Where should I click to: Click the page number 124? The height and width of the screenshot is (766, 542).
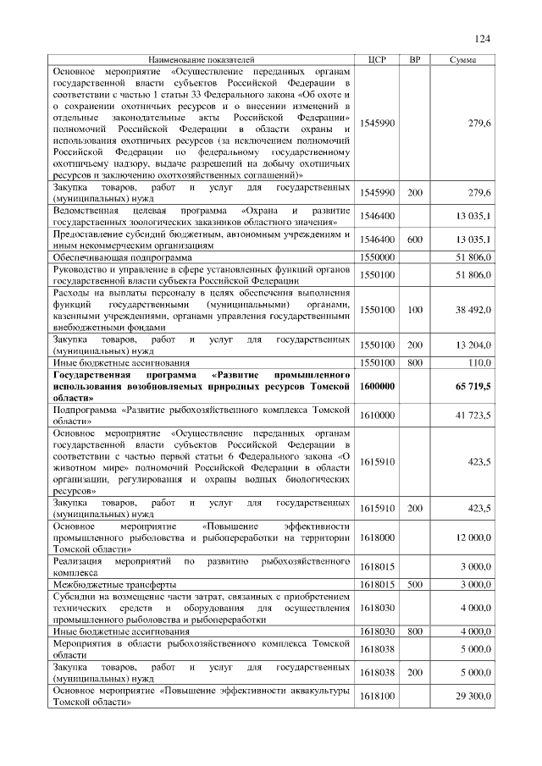483,39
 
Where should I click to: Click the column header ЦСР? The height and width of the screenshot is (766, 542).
377,60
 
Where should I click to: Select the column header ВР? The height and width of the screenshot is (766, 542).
415,60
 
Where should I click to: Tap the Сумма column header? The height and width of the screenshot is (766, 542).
462,60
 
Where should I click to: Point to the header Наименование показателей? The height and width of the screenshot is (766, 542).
201,60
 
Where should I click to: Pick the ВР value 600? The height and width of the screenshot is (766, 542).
415,240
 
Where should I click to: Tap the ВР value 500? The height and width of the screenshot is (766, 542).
415,584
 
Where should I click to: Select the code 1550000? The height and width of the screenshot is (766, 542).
377,256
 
